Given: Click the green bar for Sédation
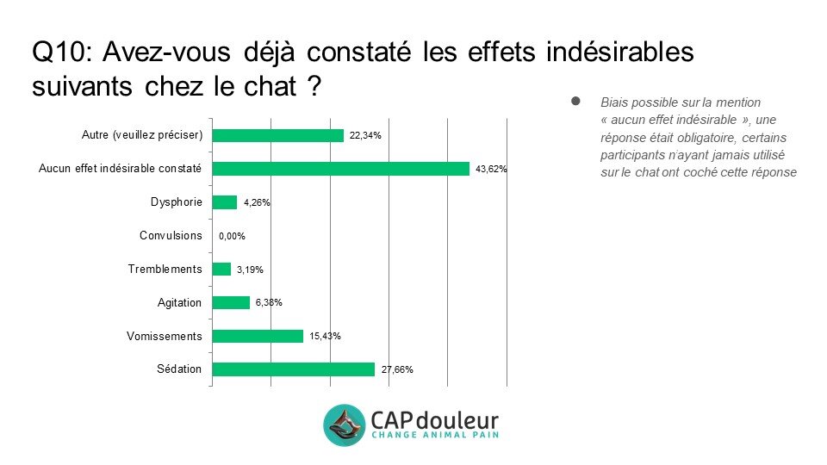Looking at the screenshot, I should [x=293, y=369].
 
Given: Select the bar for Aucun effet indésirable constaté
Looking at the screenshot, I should [x=340, y=169].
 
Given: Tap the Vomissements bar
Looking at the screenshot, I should [x=258, y=336].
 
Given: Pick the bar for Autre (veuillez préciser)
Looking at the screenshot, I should [x=277, y=135].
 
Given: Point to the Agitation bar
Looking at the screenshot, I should [x=231, y=302].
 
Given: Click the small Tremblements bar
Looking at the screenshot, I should [x=221, y=270].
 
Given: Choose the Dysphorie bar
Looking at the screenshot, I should [x=224, y=202].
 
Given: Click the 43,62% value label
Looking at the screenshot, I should [x=491, y=170].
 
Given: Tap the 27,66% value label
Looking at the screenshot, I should [x=397, y=370].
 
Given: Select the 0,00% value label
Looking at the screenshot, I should [x=233, y=236].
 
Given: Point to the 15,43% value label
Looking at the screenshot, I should [x=325, y=337].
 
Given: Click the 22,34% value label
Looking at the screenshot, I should [x=365, y=136].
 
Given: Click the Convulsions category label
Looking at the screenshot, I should [x=171, y=236].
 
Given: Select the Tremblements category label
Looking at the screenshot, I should [x=165, y=270].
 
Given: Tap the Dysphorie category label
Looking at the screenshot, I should [x=176, y=202].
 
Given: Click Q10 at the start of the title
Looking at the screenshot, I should [x=60, y=53].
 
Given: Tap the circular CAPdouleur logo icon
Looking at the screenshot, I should [x=345, y=425].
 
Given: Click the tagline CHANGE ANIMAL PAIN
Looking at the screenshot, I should [x=434, y=436].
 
